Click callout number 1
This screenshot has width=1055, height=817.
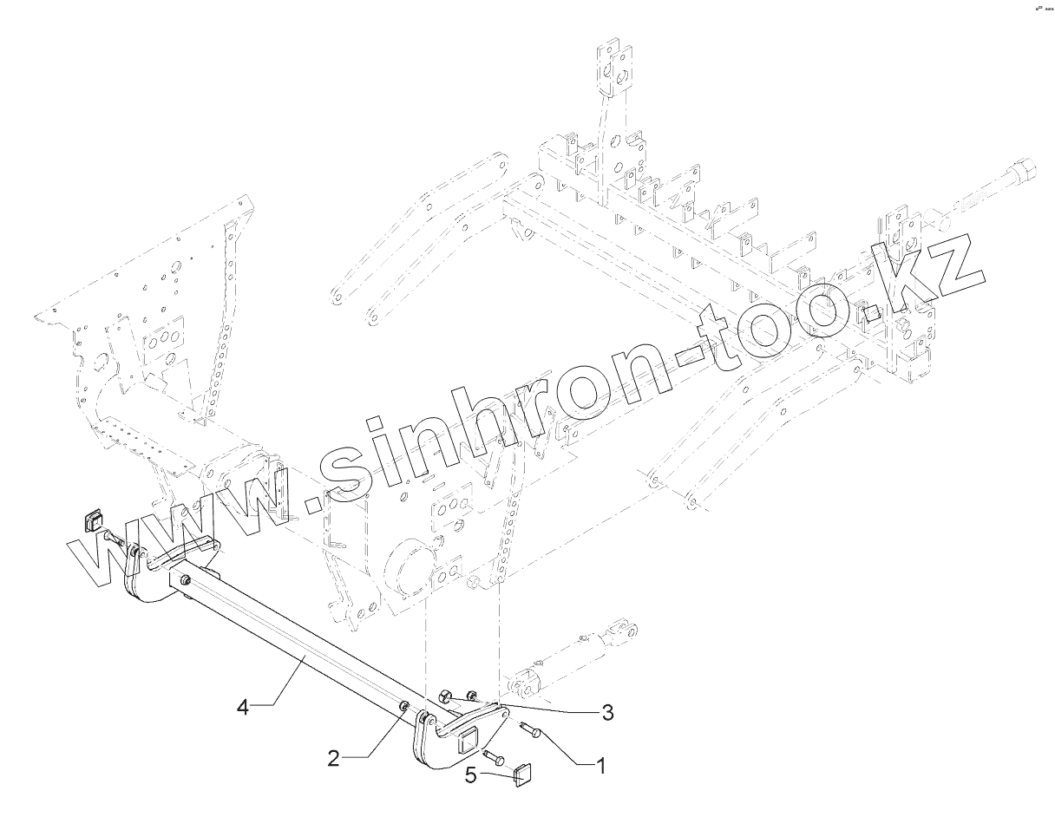point(600,765)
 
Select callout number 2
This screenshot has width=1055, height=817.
point(332,756)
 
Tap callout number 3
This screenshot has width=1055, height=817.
point(607,713)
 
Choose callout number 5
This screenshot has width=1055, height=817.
point(470,775)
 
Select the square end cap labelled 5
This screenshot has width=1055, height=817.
point(523,773)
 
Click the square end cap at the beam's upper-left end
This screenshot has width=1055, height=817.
point(91,521)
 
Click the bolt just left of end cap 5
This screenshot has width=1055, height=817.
point(495,757)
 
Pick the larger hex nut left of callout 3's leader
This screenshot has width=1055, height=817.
point(445,695)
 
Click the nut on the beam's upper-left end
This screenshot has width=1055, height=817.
point(187,579)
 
